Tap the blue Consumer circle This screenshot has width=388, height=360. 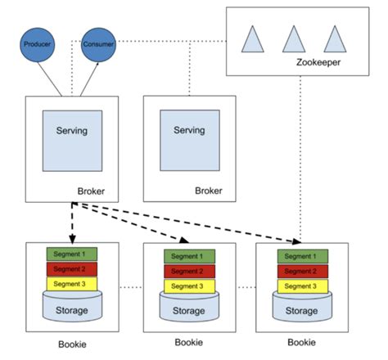pyautogui.click(x=98, y=43)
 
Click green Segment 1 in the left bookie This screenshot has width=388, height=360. pyautogui.click(x=71, y=255)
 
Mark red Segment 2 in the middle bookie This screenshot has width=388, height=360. pyautogui.click(x=189, y=272)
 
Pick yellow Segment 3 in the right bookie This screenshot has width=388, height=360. pyautogui.click(x=302, y=286)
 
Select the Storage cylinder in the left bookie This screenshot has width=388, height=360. pyautogui.click(x=71, y=309)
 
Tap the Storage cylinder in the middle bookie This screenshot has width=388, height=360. pyautogui.click(x=189, y=311)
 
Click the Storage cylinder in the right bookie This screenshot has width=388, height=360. pyautogui.click(x=302, y=311)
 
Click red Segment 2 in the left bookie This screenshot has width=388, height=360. pyautogui.click(x=71, y=269)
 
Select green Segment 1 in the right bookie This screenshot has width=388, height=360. pyautogui.click(x=302, y=256)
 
